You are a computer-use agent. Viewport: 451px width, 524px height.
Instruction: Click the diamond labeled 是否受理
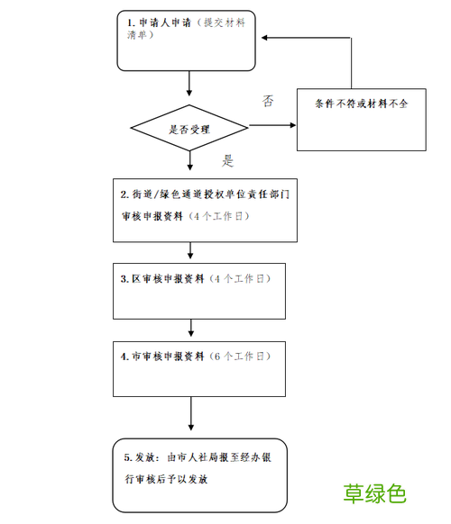coord(189,129)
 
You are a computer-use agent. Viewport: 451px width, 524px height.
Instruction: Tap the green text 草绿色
coord(375,493)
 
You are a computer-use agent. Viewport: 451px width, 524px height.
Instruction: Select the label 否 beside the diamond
coord(268,100)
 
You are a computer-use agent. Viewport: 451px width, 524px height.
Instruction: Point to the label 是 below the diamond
coord(227,162)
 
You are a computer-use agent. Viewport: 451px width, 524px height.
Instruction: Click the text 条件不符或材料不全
coord(362,104)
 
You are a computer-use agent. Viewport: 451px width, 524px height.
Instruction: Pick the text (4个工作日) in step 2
coord(218,217)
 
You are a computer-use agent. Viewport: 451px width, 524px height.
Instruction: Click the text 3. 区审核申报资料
coord(162,279)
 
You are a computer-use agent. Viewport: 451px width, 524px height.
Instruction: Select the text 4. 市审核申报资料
coord(162,357)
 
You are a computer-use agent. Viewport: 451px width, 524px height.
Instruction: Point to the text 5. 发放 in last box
coord(142,457)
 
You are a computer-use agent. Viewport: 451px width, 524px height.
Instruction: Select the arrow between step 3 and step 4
coord(189,329)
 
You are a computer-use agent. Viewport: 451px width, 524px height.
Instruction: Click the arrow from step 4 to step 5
coord(189,414)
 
